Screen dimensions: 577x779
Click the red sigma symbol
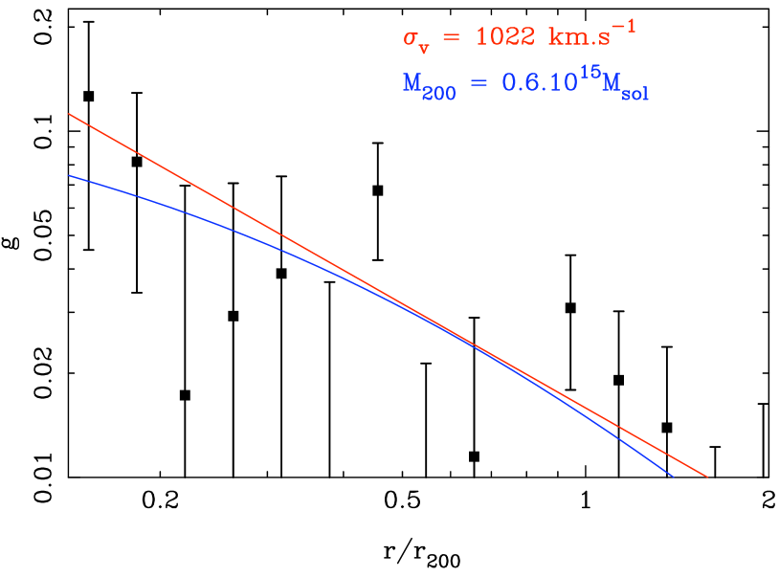coord(411,39)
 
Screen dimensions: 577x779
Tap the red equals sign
coord(450,39)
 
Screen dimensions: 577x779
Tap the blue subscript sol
coord(634,93)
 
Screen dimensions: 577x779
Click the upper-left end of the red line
coord(69,114)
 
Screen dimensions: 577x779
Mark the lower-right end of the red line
coord(706,476)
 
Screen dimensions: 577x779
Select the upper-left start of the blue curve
coord(69,175)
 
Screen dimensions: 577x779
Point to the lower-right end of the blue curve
coord(673,476)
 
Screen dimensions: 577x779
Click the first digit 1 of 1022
coord(481,36)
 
